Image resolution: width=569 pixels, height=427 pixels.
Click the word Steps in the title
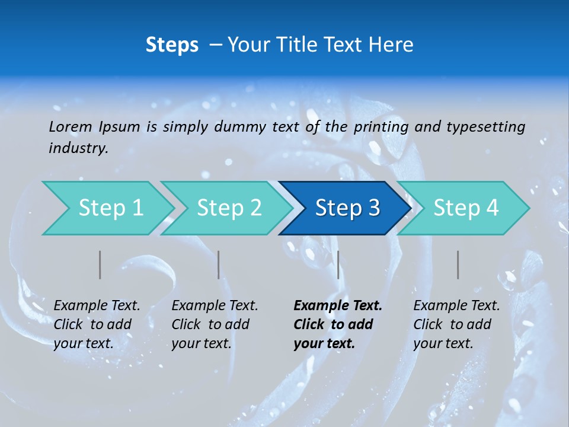[x=172, y=45]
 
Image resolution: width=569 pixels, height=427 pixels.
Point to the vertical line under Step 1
[x=100, y=265]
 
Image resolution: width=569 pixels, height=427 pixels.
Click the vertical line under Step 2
[x=219, y=265]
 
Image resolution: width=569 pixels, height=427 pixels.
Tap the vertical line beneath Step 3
[x=338, y=265]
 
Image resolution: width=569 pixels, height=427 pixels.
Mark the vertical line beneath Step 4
[x=458, y=265]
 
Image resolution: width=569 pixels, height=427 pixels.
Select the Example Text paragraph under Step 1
[x=97, y=324]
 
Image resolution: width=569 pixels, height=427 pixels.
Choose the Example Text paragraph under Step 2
[x=215, y=324]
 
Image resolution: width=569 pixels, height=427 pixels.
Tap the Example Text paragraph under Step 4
[x=456, y=324]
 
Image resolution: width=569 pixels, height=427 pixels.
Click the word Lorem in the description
[x=71, y=126]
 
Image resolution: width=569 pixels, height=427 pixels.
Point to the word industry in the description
[x=78, y=148]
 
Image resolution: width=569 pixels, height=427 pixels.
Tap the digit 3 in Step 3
[x=373, y=208]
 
